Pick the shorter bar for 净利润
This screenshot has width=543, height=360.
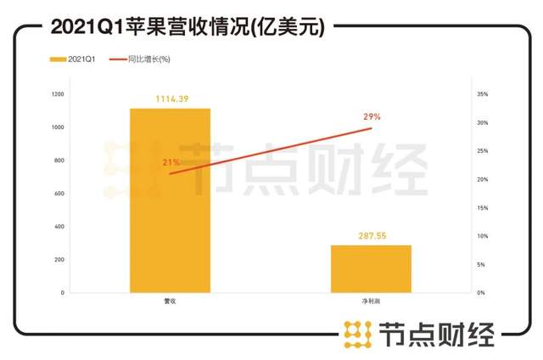[371, 268]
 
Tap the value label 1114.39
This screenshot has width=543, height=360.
[171, 99]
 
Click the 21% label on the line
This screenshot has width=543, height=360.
[170, 161]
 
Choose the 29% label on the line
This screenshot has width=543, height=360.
[372, 116]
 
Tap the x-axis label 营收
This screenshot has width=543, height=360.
[170, 301]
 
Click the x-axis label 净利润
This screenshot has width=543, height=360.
[371, 301]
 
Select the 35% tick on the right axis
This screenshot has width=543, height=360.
[481, 94]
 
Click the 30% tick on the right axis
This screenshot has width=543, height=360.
[481, 123]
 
